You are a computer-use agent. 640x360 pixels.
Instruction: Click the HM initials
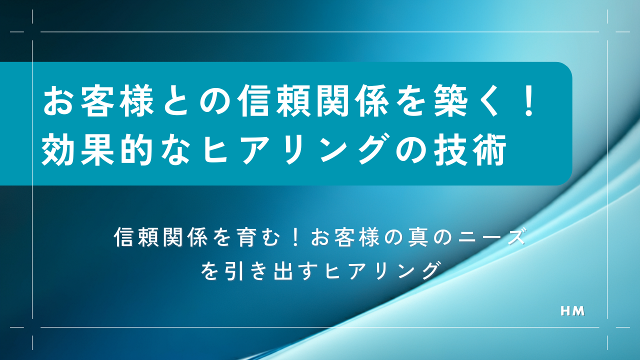(573, 311)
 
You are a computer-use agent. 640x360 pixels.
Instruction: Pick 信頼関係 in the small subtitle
(160, 237)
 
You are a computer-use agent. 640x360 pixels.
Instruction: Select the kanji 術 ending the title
(490, 149)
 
